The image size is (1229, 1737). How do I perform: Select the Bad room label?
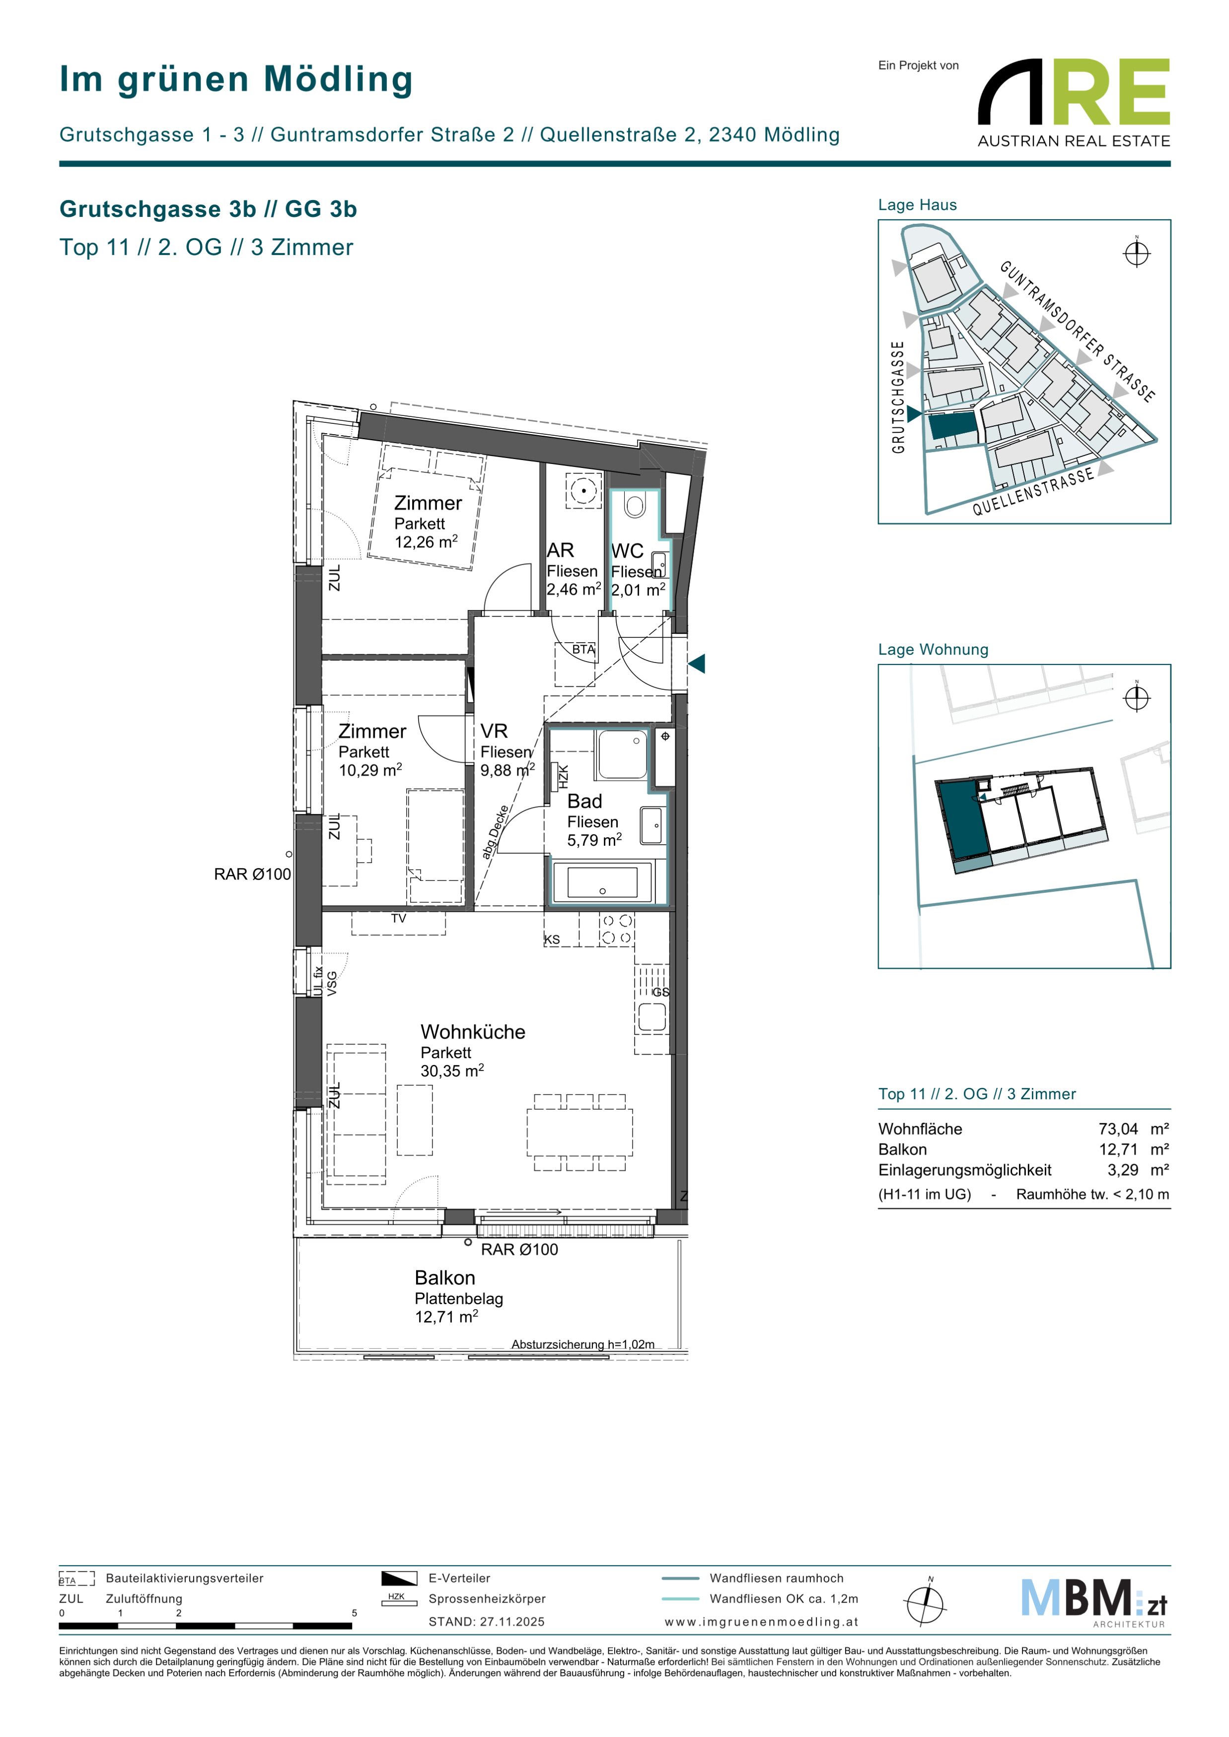point(585,801)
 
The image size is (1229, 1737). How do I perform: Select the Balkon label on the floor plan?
point(445,1278)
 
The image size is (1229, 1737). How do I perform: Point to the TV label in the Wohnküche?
point(399,919)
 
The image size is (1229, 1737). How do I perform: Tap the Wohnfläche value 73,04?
point(1118,1129)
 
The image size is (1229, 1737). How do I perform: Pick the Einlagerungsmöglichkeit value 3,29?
point(1123,1170)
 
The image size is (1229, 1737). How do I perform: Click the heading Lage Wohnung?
point(933,649)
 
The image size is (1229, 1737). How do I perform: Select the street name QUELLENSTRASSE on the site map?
point(1033,491)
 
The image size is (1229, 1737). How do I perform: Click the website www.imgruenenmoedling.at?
point(761,1622)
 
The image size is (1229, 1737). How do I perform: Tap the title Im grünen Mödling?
point(236,79)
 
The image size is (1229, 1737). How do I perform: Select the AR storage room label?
point(560,550)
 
